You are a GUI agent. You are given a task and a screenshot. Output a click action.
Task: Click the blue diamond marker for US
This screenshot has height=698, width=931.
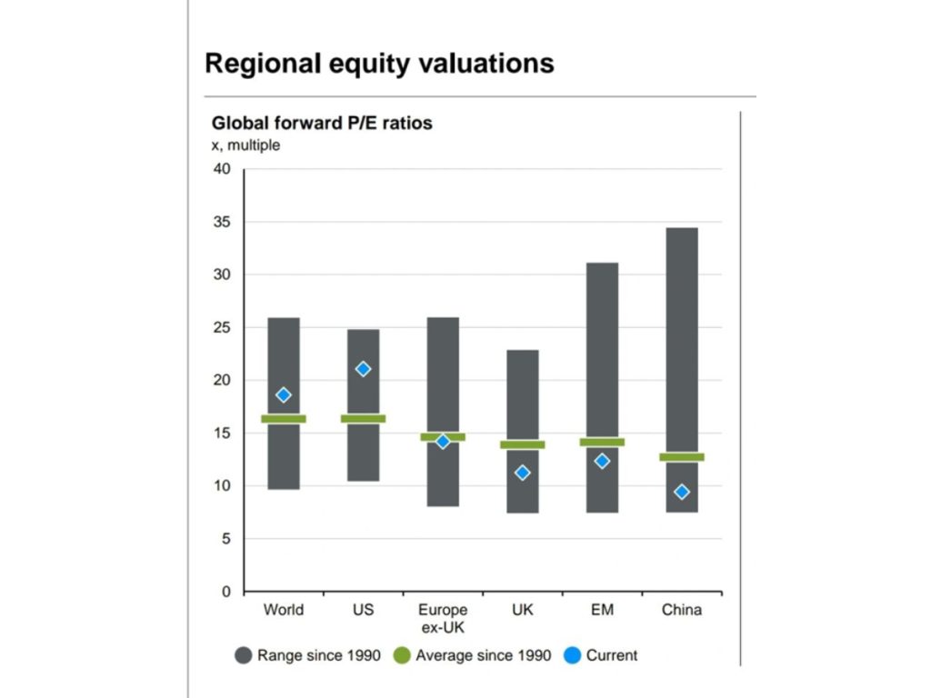pos(363,369)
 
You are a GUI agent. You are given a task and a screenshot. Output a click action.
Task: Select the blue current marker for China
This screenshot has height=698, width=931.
pos(681,492)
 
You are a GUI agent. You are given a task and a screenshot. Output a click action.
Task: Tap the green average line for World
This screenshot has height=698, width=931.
pos(284,419)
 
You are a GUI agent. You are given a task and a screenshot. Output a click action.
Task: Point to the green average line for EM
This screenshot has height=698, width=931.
pos(602,442)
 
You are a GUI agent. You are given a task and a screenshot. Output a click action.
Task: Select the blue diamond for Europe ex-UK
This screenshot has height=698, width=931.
pos(443,442)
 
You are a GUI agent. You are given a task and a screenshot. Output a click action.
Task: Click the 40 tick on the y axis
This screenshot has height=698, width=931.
pos(223,169)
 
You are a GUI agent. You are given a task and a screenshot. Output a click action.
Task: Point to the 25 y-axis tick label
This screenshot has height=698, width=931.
pos(223,327)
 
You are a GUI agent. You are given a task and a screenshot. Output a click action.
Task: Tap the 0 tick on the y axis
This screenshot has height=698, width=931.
pos(226,592)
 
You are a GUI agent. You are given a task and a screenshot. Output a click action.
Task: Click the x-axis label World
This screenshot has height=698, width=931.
pos(284,611)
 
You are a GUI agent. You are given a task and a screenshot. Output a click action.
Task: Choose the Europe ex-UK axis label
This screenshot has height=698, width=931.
pos(443,618)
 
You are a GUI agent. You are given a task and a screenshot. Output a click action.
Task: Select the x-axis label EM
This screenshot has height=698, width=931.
pos(602,611)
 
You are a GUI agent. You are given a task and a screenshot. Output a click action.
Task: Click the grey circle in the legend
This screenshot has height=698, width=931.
pos(243,655)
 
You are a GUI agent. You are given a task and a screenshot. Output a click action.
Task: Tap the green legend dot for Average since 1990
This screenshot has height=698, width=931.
pos(401,655)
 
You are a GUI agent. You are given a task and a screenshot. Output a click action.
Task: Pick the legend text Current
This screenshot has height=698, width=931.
pos(612,655)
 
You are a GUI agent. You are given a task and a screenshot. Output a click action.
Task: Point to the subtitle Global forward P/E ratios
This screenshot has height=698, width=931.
pos(322,123)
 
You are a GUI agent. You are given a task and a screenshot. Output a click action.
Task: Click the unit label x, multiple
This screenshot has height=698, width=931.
pos(245,145)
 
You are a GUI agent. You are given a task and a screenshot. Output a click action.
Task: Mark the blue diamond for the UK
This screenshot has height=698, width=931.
pos(522,473)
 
